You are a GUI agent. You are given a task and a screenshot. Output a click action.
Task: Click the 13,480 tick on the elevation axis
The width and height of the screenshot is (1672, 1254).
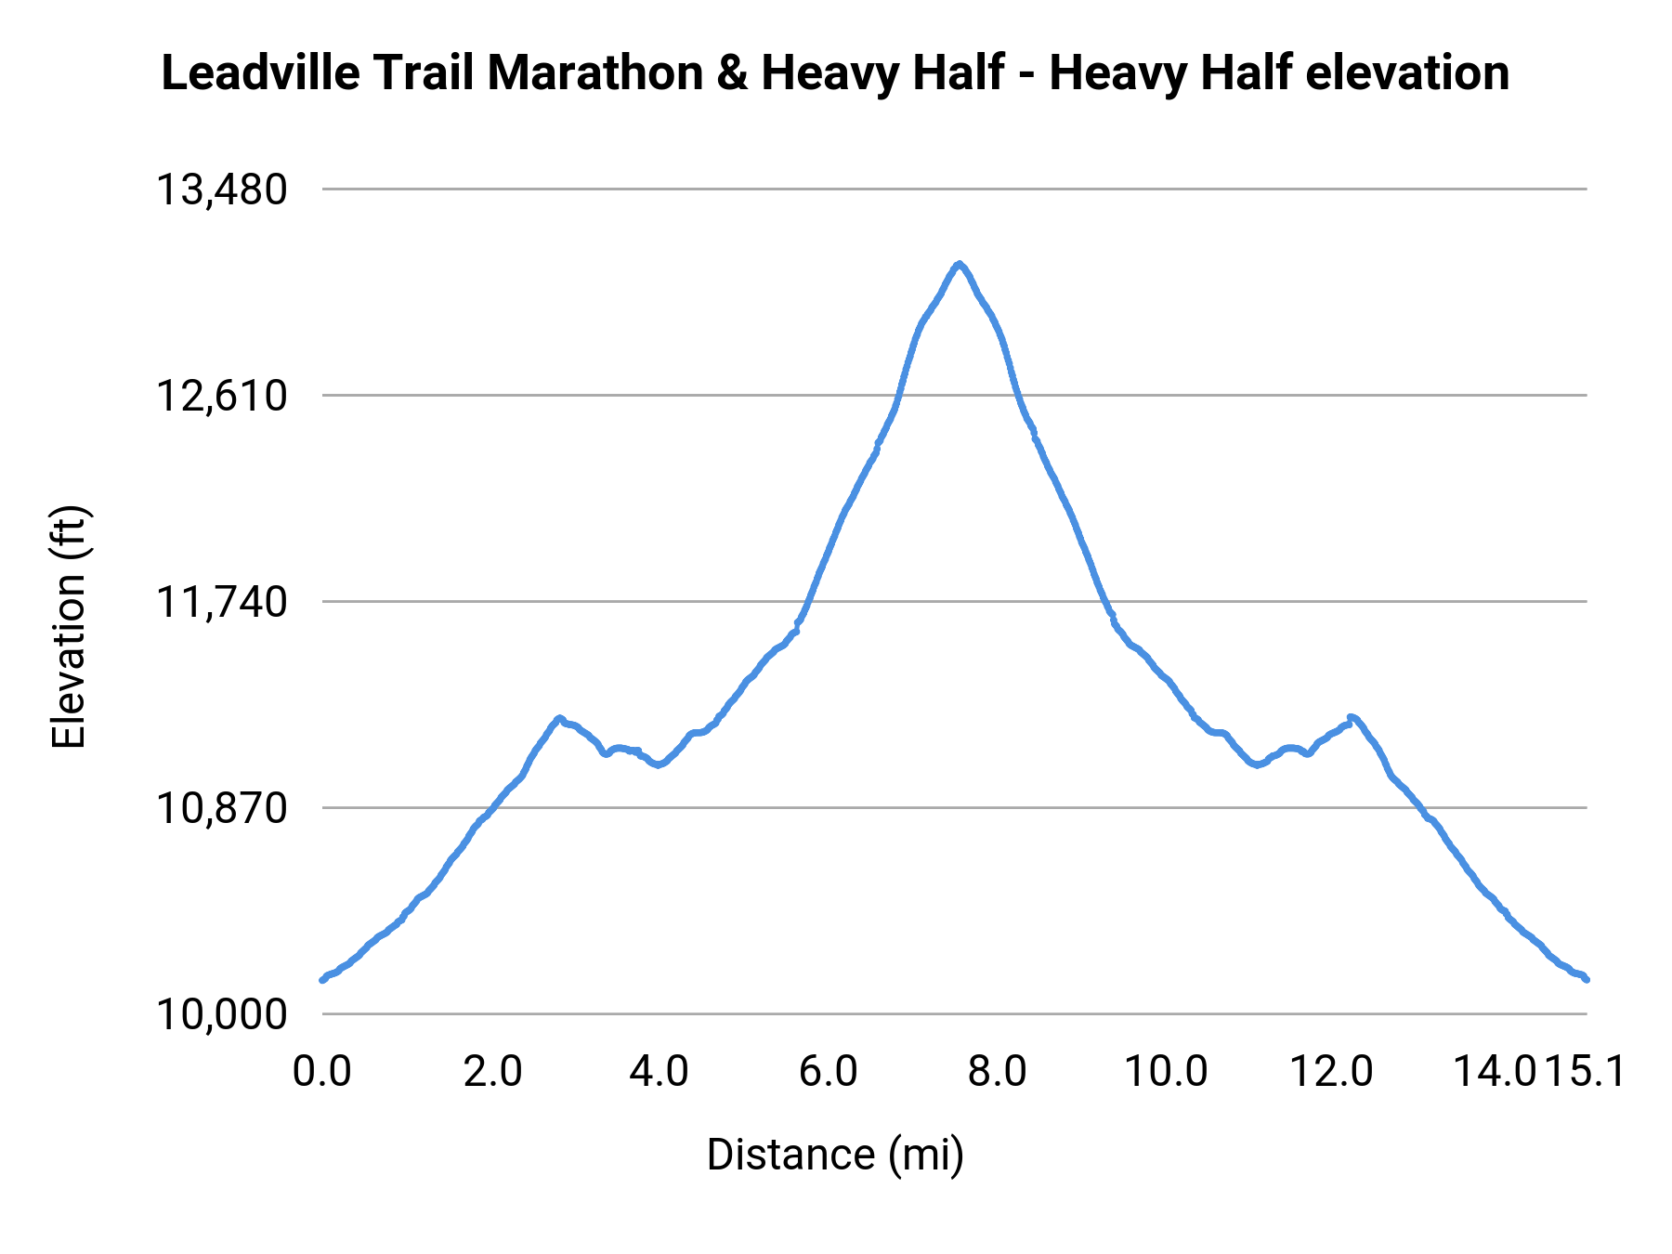click(221, 190)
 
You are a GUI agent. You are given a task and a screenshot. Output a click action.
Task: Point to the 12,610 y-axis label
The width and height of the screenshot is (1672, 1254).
click(221, 397)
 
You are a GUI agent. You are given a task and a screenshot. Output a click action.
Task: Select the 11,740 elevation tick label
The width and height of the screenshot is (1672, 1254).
click(221, 603)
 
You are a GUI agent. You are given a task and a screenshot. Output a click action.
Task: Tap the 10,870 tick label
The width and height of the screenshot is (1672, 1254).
click(221, 809)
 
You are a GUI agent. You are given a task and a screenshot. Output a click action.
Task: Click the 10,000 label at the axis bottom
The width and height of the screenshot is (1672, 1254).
click(221, 1014)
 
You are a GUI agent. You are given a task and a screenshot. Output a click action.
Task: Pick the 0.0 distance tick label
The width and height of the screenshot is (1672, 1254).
click(321, 1072)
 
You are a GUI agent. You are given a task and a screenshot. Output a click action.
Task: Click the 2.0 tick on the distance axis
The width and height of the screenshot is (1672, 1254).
click(492, 1072)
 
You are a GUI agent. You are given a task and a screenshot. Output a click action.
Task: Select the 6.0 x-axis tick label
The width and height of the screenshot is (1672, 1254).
click(828, 1072)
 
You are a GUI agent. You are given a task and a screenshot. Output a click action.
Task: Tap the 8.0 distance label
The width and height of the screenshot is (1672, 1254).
click(997, 1072)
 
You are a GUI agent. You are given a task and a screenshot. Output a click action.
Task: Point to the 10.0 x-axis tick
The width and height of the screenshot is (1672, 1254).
click(1166, 1072)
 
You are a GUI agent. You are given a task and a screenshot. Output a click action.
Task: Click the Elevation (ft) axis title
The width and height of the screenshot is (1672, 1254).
click(69, 627)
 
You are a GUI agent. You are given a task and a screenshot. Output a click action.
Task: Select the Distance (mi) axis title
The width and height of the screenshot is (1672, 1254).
click(835, 1155)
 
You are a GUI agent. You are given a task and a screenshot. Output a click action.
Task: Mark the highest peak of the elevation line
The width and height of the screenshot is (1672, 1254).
click(959, 265)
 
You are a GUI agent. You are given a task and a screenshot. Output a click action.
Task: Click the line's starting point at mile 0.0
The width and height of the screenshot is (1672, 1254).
click(322, 979)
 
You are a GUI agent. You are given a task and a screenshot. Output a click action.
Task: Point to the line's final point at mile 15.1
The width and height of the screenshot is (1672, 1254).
click(1587, 979)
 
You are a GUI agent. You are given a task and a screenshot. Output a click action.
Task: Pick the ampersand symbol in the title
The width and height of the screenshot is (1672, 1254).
click(732, 72)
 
